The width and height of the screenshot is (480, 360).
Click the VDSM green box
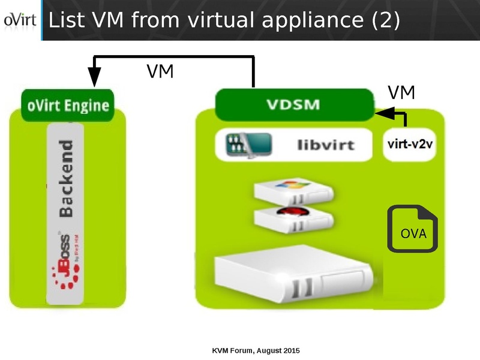click(293, 104)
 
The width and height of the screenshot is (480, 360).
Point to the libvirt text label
click(326, 145)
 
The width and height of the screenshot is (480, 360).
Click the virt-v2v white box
click(409, 145)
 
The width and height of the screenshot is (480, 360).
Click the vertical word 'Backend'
click(65, 178)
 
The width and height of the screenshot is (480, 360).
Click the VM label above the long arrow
click(160, 71)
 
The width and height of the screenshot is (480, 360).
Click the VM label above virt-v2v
click(401, 92)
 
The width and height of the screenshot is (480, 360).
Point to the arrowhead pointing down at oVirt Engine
click(95, 76)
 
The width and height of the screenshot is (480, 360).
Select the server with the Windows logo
click(293, 191)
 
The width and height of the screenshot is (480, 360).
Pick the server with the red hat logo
click(293, 218)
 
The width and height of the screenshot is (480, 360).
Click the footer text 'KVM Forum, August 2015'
click(256, 350)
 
